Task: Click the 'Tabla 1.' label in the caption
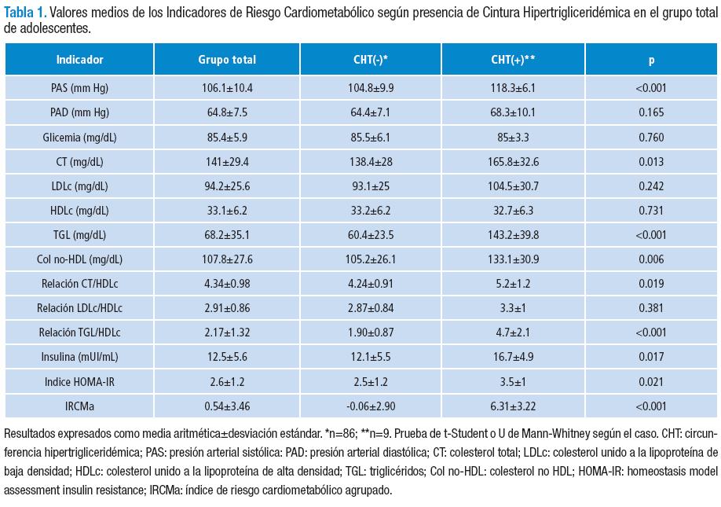coord(25,12)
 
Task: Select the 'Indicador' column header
coord(79,60)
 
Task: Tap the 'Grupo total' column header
coord(227,60)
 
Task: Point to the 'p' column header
coord(651,60)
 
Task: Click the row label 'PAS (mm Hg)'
coord(79,87)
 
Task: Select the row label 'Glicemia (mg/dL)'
coord(79,137)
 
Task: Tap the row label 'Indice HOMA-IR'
coord(79,381)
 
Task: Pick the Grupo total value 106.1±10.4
coord(227,87)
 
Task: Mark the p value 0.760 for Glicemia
coord(651,137)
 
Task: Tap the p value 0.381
coord(651,308)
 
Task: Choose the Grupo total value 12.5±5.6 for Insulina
coord(227,357)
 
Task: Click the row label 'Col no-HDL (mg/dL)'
coord(79,259)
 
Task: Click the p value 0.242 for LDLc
coord(651,186)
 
